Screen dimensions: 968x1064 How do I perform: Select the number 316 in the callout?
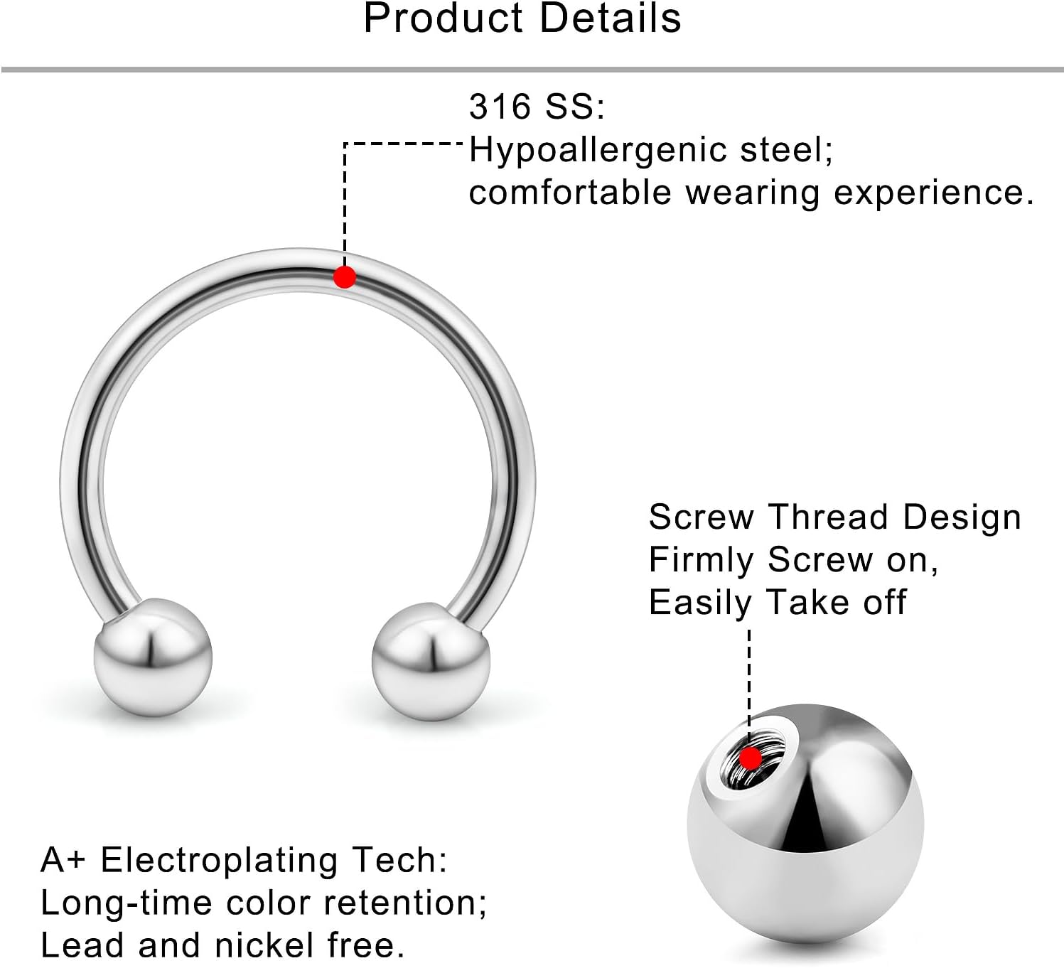pos(500,107)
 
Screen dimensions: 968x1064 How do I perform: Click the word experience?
pos(933,193)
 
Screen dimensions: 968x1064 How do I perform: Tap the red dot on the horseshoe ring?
pos(345,276)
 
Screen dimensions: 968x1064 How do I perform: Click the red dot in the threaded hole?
pos(749,758)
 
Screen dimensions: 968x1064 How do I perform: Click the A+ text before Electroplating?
pos(63,860)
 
